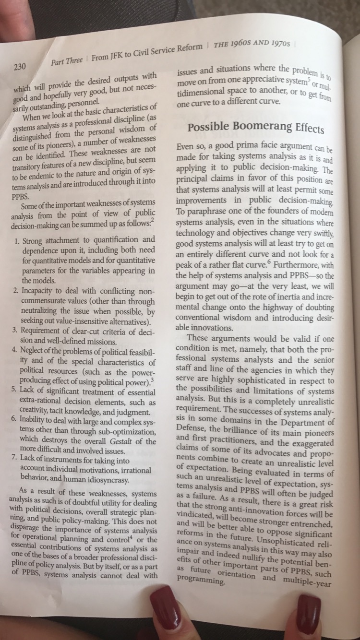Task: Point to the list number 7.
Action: [15, 459]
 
